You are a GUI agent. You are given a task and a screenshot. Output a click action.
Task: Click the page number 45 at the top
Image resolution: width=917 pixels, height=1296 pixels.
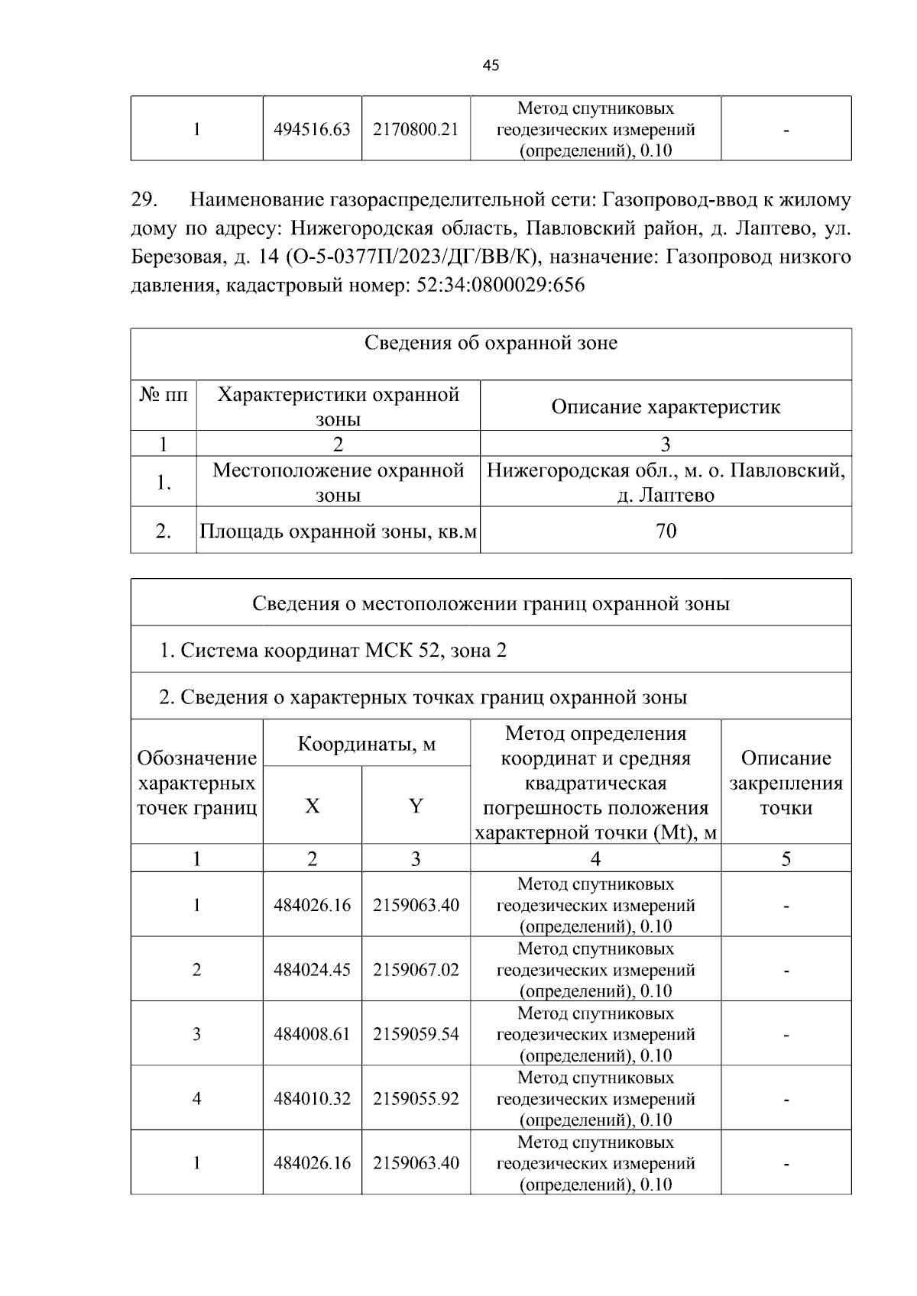[x=491, y=66]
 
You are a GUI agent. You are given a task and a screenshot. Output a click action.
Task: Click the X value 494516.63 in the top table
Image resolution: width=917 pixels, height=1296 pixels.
[x=312, y=129]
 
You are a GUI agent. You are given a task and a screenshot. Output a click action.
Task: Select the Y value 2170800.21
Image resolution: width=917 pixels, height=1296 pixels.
[x=416, y=129]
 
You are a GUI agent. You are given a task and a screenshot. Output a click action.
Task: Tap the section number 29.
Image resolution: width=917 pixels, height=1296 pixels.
[x=144, y=200]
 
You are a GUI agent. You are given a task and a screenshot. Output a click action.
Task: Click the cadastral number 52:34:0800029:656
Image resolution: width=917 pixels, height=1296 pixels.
[x=501, y=286]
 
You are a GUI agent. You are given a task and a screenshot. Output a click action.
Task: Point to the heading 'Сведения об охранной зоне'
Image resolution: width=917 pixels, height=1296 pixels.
[x=491, y=343]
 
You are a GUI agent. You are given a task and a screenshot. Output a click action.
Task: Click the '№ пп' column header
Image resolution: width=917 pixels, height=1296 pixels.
[x=163, y=395]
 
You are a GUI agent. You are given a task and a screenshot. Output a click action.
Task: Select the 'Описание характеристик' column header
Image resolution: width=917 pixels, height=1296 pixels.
[x=666, y=406]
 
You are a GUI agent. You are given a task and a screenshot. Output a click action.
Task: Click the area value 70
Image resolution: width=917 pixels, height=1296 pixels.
[x=666, y=530]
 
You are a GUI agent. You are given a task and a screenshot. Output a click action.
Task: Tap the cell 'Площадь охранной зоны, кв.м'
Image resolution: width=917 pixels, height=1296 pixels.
[x=338, y=530]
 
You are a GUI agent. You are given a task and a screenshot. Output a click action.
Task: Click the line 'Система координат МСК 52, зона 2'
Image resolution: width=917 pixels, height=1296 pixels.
[x=332, y=650]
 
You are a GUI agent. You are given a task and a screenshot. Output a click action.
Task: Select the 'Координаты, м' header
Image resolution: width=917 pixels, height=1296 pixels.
[x=366, y=743]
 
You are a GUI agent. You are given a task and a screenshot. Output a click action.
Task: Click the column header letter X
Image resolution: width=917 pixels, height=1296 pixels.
[x=312, y=806]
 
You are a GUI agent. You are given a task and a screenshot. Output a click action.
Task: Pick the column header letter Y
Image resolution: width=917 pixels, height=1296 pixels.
[x=416, y=806]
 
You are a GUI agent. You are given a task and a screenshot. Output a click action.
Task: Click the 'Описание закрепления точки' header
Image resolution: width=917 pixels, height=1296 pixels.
[x=786, y=783]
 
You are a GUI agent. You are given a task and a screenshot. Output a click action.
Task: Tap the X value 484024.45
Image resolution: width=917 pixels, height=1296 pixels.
[x=312, y=970]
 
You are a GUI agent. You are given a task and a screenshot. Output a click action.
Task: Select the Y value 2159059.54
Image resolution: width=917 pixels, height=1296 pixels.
[x=416, y=1034]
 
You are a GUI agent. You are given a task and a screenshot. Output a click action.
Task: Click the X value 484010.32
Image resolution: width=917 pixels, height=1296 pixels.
[x=312, y=1099]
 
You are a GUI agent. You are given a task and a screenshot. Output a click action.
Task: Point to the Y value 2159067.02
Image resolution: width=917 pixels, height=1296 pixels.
[x=416, y=970]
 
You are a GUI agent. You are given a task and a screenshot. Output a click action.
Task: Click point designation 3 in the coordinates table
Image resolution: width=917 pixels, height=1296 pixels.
[x=196, y=1034]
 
